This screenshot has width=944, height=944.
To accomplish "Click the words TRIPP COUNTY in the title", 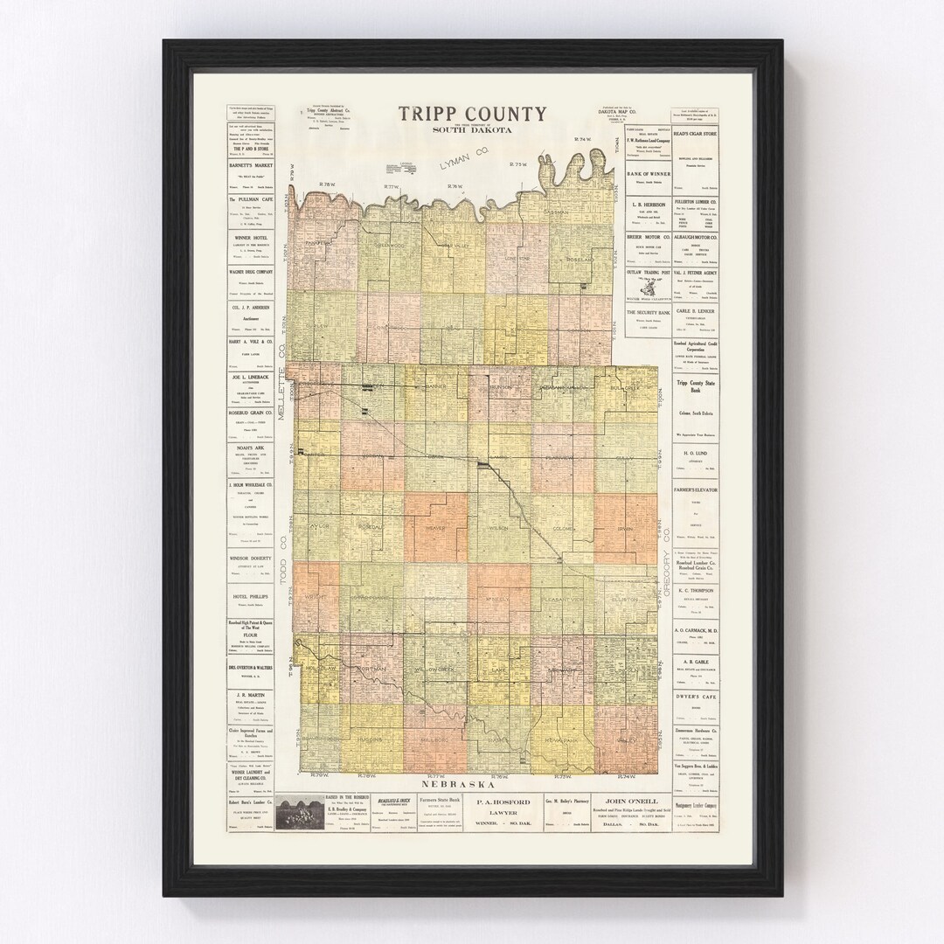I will pos(473,114).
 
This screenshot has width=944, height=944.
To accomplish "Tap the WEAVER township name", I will pos(434,528).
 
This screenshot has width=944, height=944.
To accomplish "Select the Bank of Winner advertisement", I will pos(647,177).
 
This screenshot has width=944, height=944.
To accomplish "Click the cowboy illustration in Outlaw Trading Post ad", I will pos(647,286).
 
